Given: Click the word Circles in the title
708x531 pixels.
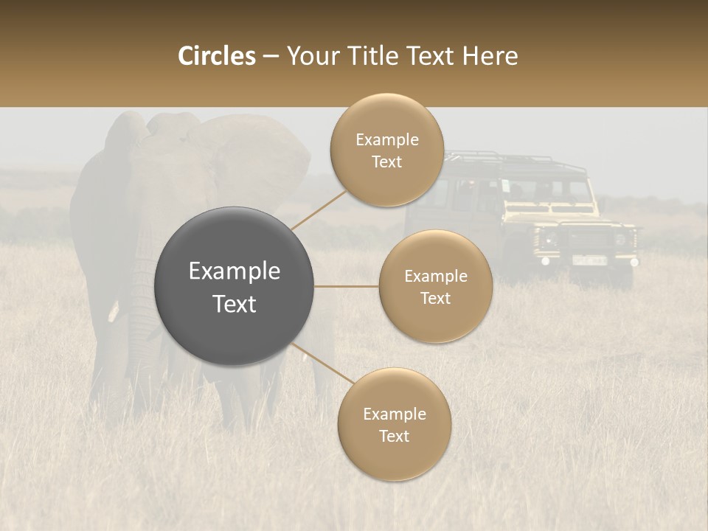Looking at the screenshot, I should pos(216,56).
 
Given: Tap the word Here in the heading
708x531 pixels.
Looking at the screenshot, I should pos(490,56).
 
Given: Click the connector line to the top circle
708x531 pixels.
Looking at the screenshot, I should pos(318,210).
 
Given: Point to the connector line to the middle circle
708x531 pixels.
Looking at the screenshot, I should pos(347,286).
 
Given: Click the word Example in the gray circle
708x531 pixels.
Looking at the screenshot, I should pos(234,271).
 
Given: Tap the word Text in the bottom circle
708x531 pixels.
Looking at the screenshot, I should pos(394,436).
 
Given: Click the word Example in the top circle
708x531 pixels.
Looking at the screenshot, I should pos(386,140).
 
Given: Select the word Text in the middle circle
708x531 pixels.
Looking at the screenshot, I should pos(435,298).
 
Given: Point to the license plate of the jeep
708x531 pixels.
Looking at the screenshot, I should pos(589,260).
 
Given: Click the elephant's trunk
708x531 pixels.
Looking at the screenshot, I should pos(140,310).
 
